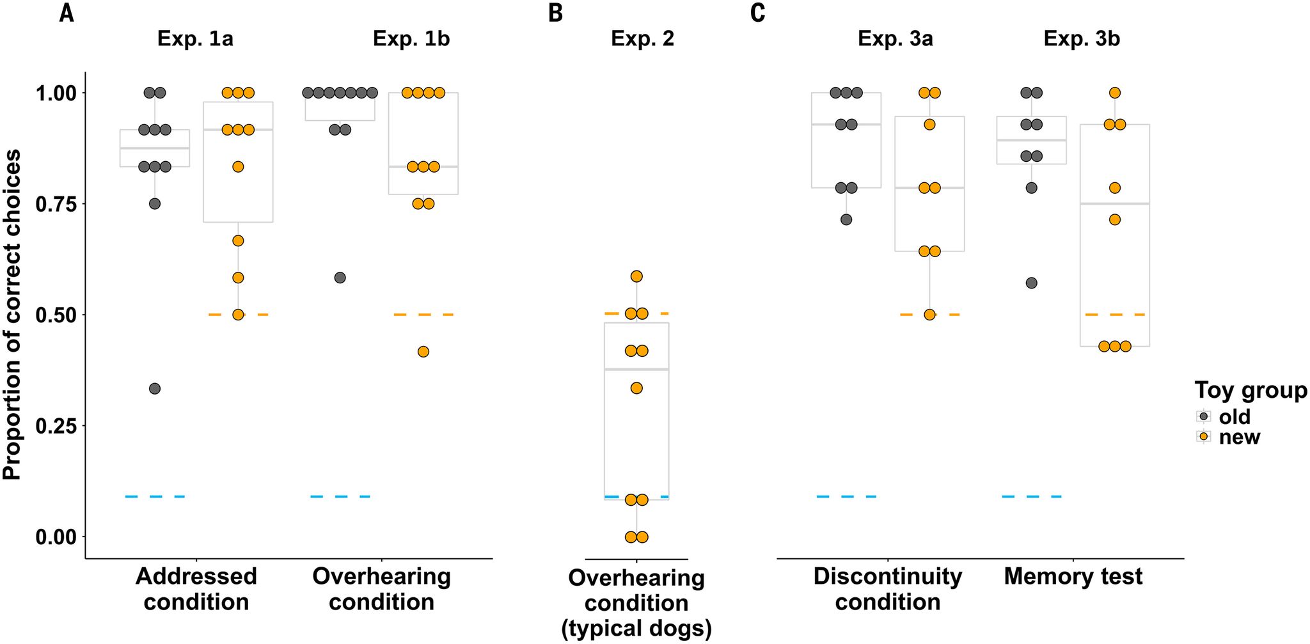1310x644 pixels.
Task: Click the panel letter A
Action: (x=67, y=13)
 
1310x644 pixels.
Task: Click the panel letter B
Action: (x=556, y=13)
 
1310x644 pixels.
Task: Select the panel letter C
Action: (x=758, y=13)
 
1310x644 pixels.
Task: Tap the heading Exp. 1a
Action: (x=195, y=39)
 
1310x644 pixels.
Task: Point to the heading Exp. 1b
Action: (x=411, y=39)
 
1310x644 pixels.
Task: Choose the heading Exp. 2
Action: (x=642, y=39)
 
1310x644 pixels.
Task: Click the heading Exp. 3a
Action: (x=895, y=39)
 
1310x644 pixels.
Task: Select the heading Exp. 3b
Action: (x=1082, y=39)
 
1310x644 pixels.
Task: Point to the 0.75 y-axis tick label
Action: (x=56, y=204)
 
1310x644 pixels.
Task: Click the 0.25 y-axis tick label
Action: (x=56, y=426)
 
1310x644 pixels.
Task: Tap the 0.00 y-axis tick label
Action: (x=56, y=537)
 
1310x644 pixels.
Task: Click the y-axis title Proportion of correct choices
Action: (x=13, y=315)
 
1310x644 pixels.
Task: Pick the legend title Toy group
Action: (x=1251, y=390)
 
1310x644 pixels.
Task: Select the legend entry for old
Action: (x=1234, y=417)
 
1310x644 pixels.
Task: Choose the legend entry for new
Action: (x=1239, y=437)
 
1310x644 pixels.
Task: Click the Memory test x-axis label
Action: (x=1073, y=577)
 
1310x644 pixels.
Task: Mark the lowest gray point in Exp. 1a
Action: (x=155, y=389)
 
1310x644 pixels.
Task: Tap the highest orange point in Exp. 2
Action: (x=636, y=276)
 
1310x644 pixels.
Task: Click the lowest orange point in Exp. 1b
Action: (x=423, y=352)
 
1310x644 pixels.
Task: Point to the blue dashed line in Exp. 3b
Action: (x=1032, y=496)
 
